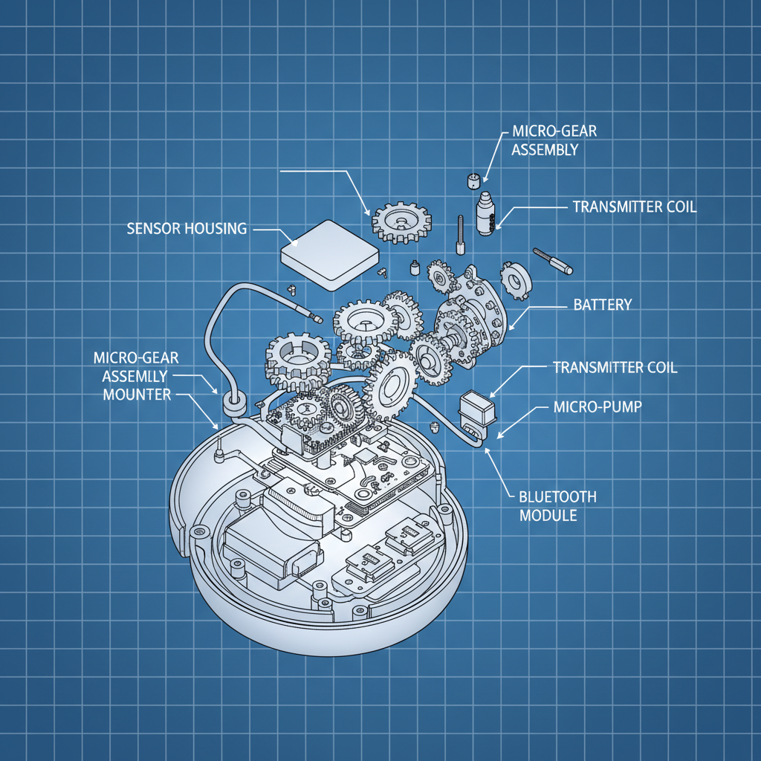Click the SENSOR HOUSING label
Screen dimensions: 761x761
coord(187,228)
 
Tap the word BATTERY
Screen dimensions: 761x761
coord(603,305)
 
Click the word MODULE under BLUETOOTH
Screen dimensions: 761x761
coord(548,515)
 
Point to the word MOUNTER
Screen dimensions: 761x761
coord(137,395)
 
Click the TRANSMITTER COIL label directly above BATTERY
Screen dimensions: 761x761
coord(635,207)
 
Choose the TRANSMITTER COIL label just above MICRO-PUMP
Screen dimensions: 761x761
coord(615,367)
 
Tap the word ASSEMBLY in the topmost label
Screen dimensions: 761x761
coord(545,149)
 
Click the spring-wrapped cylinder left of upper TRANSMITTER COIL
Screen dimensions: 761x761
coord(487,214)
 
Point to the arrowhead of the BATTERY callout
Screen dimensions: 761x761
coord(511,327)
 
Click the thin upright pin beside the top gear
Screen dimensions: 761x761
coord(461,234)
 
